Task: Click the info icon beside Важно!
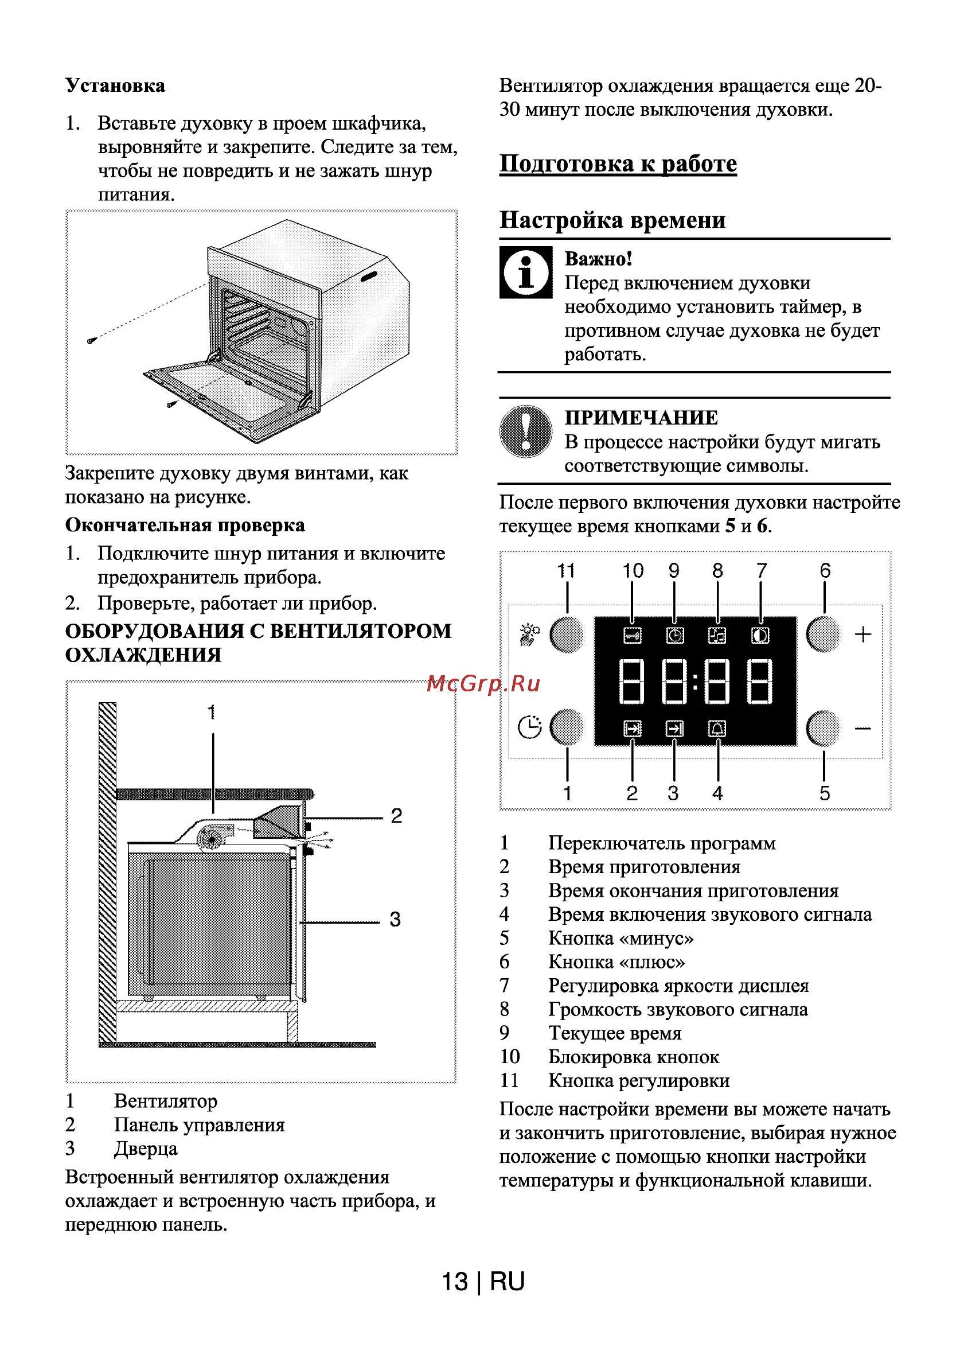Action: (525, 273)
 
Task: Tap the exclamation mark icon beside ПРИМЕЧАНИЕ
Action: (525, 431)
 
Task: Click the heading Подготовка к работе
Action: (618, 164)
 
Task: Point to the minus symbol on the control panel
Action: (863, 727)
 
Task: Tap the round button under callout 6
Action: (822, 634)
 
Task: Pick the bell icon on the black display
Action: (717, 728)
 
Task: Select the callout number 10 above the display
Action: (633, 571)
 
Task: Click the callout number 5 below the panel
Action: (825, 793)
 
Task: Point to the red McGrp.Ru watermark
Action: (483, 684)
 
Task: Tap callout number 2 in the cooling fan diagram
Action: (396, 816)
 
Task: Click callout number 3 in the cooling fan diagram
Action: (395, 919)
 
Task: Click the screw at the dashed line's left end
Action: (91, 341)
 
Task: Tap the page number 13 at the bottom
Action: (455, 1282)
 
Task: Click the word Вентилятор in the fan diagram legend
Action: (165, 1102)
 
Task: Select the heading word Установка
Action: (115, 85)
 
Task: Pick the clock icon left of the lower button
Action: (529, 727)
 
